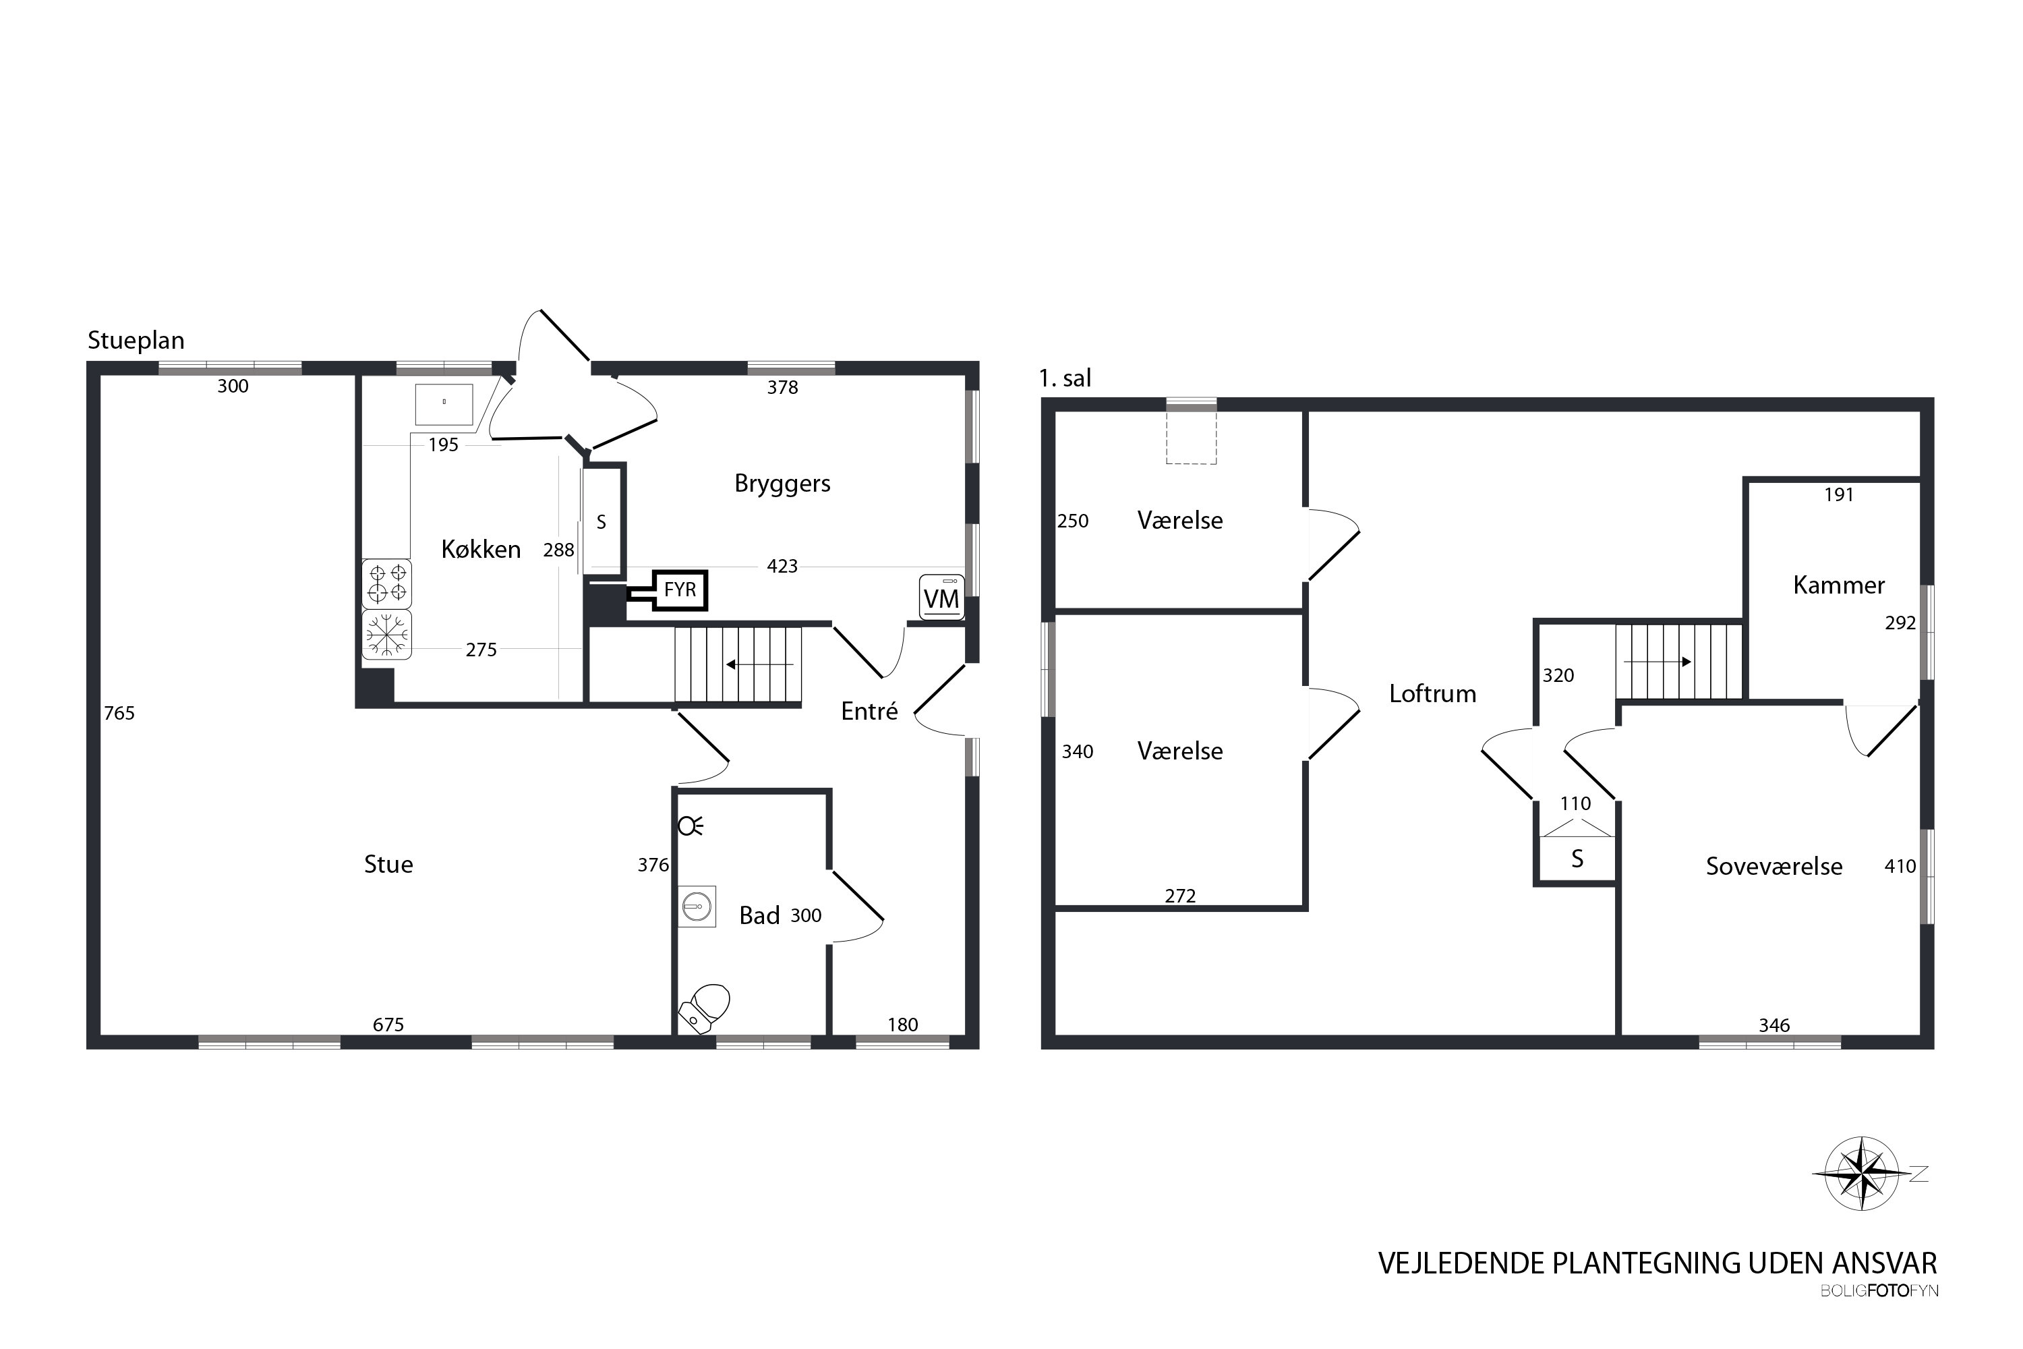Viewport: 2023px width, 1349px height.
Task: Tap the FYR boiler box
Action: click(x=680, y=590)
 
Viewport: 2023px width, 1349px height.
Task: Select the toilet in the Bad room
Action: click(x=705, y=1008)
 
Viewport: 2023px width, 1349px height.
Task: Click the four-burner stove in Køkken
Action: click(x=387, y=583)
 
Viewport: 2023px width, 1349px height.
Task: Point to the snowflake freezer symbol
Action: click(x=387, y=635)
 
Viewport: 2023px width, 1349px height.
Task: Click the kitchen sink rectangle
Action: click(x=444, y=404)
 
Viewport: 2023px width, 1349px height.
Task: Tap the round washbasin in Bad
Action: click(x=697, y=906)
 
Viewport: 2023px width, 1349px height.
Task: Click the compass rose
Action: click(x=1861, y=1173)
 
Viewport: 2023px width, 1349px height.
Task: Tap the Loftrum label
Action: click(x=1432, y=693)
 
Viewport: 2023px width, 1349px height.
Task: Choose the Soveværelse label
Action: click(x=1773, y=866)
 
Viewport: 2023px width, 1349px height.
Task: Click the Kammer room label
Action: click(x=1838, y=585)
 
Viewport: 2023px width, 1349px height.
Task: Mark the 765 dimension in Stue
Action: click(x=119, y=712)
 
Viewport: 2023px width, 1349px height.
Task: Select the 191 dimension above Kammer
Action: click(x=1838, y=494)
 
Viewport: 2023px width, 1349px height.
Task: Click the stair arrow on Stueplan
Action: click(x=759, y=664)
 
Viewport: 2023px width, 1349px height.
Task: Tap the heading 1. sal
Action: click(x=1065, y=378)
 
